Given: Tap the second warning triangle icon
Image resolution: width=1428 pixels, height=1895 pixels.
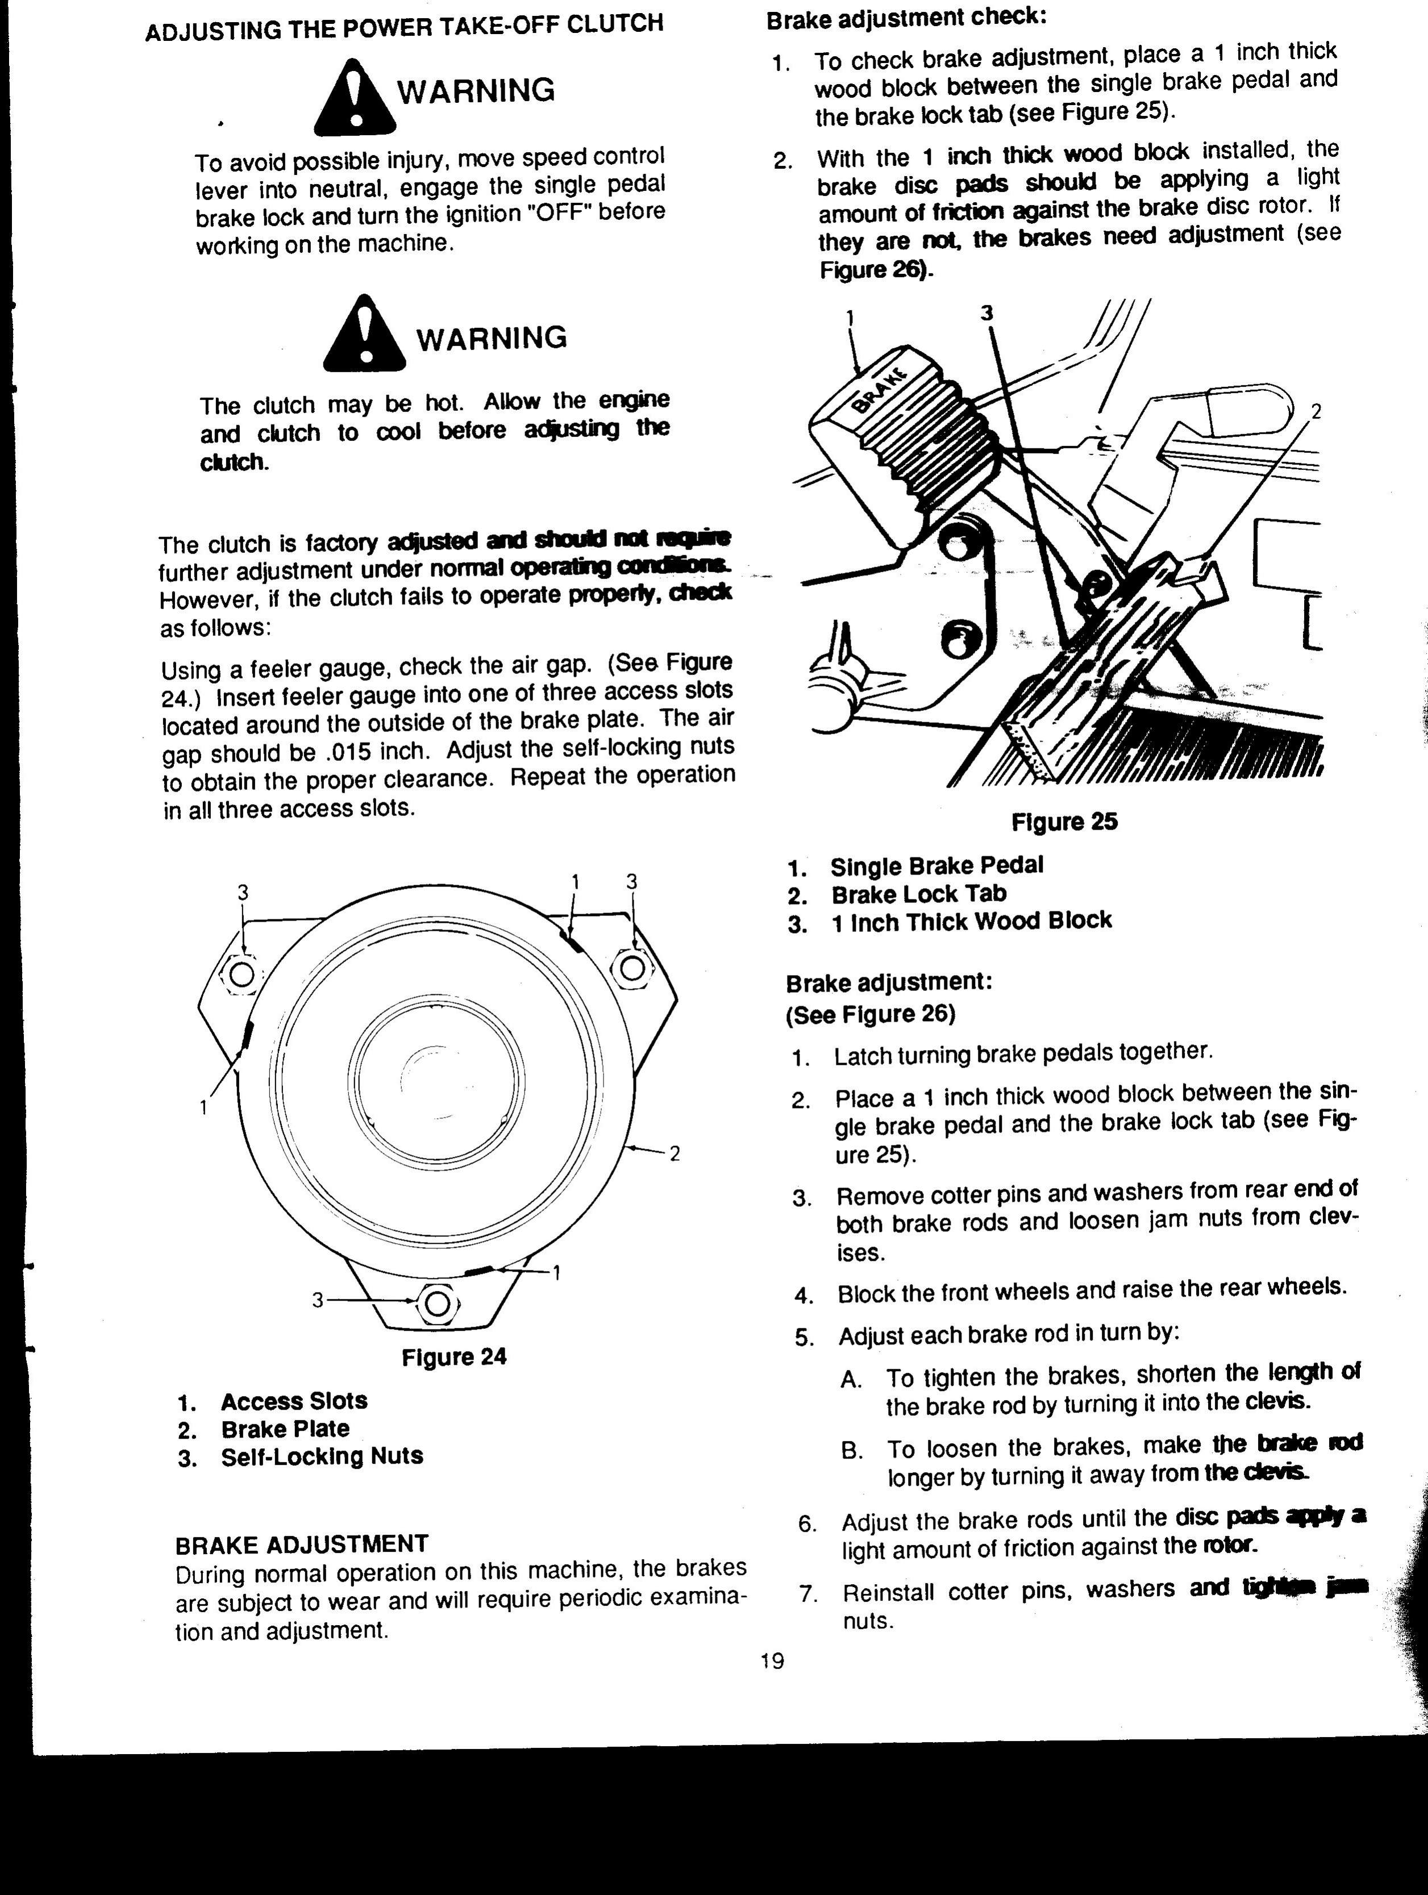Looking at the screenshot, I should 364,335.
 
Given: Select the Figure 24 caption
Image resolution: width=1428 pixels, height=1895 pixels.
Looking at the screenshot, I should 454,1356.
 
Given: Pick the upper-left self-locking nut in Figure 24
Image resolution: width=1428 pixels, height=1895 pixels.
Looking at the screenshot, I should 243,974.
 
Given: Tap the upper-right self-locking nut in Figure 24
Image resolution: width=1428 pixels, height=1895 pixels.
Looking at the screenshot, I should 632,968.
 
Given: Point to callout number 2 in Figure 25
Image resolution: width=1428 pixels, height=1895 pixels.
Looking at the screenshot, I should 1317,412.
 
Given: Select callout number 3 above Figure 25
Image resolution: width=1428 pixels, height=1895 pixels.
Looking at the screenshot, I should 987,314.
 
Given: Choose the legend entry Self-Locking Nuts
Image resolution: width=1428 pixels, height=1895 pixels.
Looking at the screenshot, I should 321,1456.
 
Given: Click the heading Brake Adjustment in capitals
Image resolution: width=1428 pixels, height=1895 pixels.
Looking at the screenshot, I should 301,1544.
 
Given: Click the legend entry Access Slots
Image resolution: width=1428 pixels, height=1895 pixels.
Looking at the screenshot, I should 294,1401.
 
